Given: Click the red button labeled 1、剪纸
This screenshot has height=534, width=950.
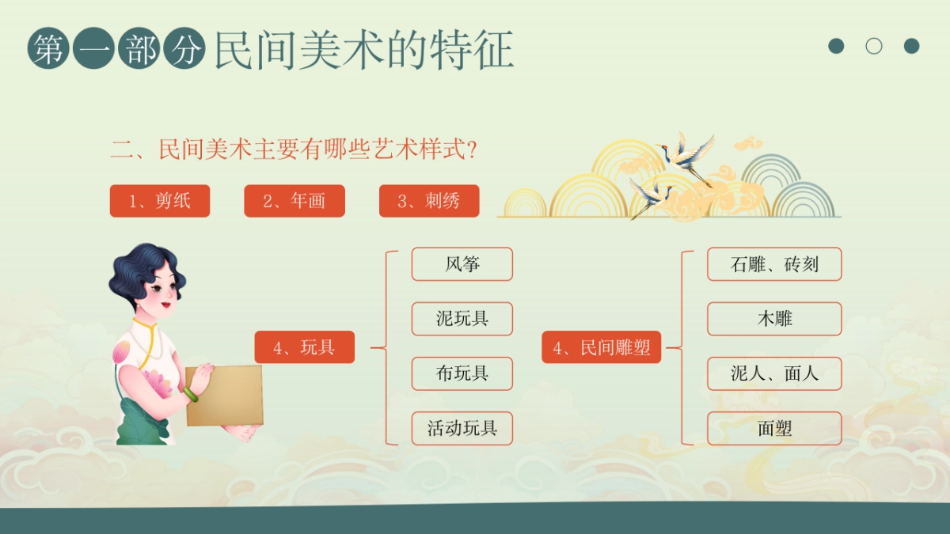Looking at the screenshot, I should pyautogui.click(x=160, y=201).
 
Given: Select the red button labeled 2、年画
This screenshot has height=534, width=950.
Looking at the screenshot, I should pyautogui.click(x=294, y=201).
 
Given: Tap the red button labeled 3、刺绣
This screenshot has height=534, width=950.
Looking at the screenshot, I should pyautogui.click(x=429, y=201).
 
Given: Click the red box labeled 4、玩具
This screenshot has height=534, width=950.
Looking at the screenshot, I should pyautogui.click(x=304, y=347).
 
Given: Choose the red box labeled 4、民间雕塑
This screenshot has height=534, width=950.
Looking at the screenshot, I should pyautogui.click(x=601, y=347).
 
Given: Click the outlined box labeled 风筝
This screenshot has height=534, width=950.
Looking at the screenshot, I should pyautogui.click(x=462, y=264).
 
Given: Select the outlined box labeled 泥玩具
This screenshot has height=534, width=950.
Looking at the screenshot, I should pyautogui.click(x=462, y=319).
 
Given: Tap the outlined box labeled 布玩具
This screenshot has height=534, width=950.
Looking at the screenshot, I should pyautogui.click(x=462, y=373).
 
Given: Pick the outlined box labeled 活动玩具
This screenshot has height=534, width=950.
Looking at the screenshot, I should pyautogui.click(x=462, y=429).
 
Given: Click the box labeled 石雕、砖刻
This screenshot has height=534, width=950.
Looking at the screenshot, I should pyautogui.click(x=774, y=264).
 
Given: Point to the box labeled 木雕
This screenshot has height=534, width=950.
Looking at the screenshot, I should pyautogui.click(x=774, y=319).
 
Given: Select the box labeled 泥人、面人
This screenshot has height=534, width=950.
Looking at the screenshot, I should pyautogui.click(x=774, y=373).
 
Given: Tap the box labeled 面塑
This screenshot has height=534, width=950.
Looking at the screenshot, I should pyautogui.click(x=774, y=429).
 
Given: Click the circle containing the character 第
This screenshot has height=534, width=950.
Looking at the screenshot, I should pyautogui.click(x=48, y=49).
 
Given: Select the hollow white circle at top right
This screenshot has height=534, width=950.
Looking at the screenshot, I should pyautogui.click(x=874, y=46).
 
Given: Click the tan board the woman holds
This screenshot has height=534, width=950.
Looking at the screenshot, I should pyautogui.click(x=226, y=396).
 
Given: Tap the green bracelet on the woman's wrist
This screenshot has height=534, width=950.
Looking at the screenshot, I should pyautogui.click(x=191, y=393).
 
